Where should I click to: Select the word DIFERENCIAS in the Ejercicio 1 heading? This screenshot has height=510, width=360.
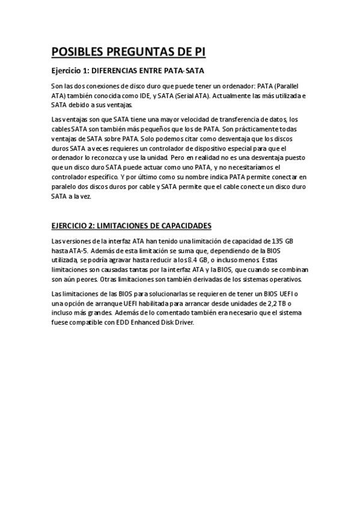click(x=115, y=71)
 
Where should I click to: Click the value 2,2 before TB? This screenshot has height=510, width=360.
click(x=278, y=303)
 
